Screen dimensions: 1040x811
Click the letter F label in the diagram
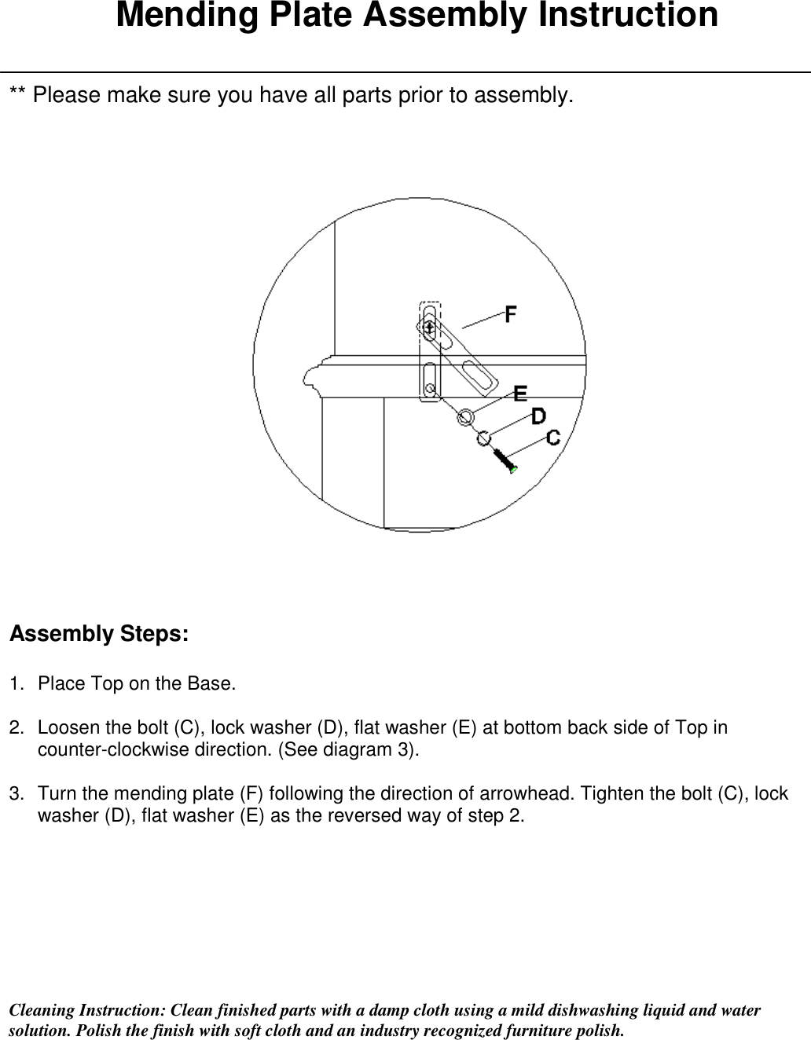click(511, 314)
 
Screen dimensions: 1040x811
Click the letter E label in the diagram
click(520, 394)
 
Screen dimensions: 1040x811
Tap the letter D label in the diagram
click(538, 416)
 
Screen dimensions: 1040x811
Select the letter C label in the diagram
click(553, 437)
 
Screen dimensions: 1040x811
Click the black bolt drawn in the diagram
click(504, 460)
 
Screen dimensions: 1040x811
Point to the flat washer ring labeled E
click(465, 417)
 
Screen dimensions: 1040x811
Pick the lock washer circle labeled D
click(483, 438)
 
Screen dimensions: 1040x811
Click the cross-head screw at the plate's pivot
click(429, 326)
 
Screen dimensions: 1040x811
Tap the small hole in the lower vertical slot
click(430, 387)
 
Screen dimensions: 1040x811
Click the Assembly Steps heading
click(98, 634)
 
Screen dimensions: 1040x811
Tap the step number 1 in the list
click(14, 683)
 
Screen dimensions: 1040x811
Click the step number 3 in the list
click(14, 794)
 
